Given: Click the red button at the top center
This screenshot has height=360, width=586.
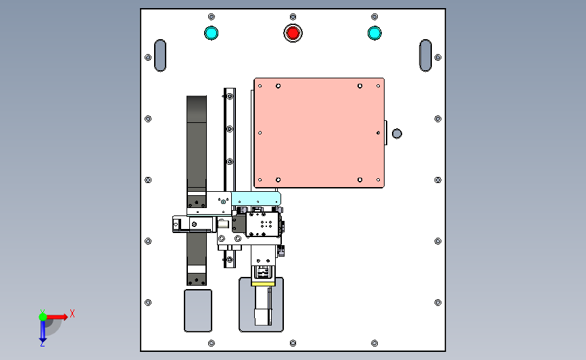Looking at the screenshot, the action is click(x=293, y=33).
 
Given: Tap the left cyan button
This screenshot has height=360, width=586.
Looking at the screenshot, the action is click(x=211, y=33).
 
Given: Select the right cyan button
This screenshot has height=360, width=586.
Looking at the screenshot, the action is click(x=374, y=33).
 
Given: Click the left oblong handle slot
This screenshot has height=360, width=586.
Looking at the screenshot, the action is click(x=160, y=55).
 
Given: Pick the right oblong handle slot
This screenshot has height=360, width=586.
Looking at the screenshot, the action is click(x=425, y=55).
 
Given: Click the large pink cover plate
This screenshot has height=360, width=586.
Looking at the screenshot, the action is click(x=319, y=133).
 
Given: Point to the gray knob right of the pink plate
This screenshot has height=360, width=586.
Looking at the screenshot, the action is click(x=397, y=133).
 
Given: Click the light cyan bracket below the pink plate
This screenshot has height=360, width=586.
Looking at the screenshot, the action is click(x=256, y=199).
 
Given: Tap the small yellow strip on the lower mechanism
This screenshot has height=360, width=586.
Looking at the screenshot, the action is click(x=263, y=284).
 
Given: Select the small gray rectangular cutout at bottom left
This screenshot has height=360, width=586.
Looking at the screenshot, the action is click(x=198, y=310).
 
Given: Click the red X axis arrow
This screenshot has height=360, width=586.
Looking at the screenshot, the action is click(x=56, y=317).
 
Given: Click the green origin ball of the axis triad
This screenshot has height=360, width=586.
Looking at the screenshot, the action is click(x=43, y=317).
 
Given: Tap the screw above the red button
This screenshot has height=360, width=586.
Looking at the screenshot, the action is click(x=293, y=17).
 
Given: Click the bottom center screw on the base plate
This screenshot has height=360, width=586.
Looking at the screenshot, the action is click(x=293, y=343).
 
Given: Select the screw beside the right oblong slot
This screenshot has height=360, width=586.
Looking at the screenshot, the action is click(x=438, y=57).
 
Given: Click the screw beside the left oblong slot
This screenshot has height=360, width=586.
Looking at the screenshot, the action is click(x=148, y=57).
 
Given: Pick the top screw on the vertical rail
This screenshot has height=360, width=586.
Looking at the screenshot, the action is click(x=230, y=97).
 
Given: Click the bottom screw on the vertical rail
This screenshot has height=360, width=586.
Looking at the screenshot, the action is click(x=230, y=259).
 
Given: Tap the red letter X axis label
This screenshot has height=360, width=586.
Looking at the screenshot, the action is click(x=72, y=313).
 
